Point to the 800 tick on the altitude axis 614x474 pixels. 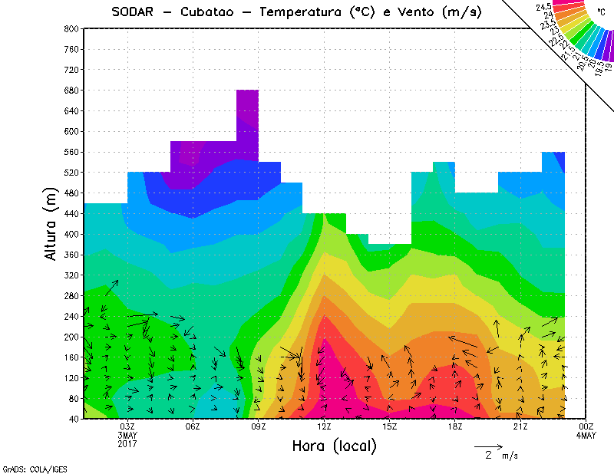71,28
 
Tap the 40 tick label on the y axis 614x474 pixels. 74,419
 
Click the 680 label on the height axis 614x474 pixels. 71,90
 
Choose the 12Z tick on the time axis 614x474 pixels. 325,426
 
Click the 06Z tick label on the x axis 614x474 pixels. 193,426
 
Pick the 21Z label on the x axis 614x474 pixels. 521,426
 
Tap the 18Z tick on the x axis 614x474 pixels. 455,426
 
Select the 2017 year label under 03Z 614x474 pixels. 127,443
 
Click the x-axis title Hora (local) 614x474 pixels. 334,446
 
